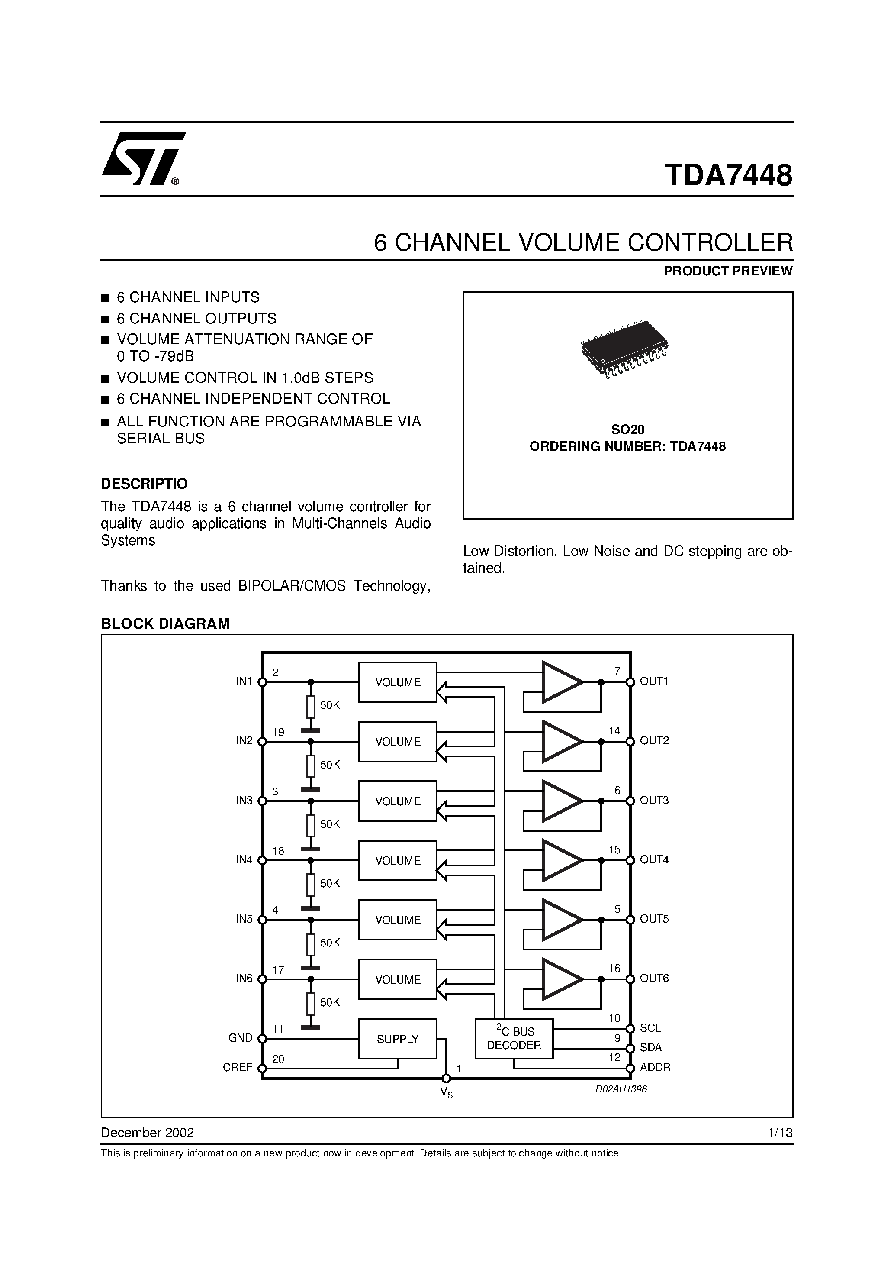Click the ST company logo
pyautogui.click(x=143, y=158)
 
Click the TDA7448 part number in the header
pyautogui.click(x=728, y=175)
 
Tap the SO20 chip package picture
pyautogui.click(x=624, y=348)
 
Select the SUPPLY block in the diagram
pyautogui.click(x=397, y=1039)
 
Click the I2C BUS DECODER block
pyautogui.click(x=514, y=1038)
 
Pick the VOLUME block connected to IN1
pyautogui.click(x=397, y=682)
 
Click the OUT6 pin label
pyautogui.click(x=654, y=978)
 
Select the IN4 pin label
pyautogui.click(x=244, y=859)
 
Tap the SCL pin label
pyautogui.click(x=650, y=1028)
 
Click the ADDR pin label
pyautogui.click(x=655, y=1068)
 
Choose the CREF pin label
pyautogui.click(x=238, y=1068)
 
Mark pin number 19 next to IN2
pyautogui.click(x=278, y=732)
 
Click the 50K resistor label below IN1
pyautogui.click(x=330, y=705)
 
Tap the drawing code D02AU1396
pyautogui.click(x=621, y=1089)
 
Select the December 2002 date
pyautogui.click(x=147, y=1133)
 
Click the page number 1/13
pyautogui.click(x=780, y=1133)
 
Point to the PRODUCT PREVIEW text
pyautogui.click(x=727, y=271)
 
